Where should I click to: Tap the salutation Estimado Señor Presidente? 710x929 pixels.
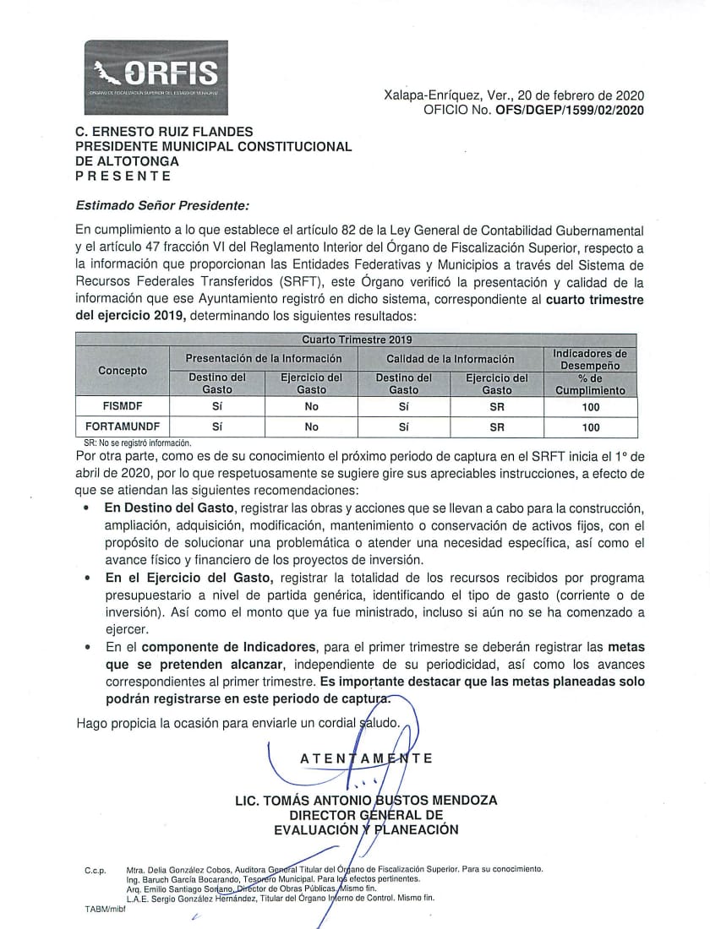point(161,204)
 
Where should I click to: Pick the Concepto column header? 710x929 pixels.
point(122,370)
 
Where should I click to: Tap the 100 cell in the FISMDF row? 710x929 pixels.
point(591,406)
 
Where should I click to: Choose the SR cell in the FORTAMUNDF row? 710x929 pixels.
point(497,427)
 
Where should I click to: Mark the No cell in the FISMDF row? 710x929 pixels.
point(311,406)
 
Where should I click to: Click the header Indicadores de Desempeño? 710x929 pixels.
point(590,359)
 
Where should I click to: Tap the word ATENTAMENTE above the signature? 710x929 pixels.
point(366,758)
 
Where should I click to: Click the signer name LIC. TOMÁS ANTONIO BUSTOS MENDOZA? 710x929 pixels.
point(366,800)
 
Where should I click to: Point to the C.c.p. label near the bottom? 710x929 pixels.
point(95,870)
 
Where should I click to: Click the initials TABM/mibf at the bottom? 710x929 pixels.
point(99,909)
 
